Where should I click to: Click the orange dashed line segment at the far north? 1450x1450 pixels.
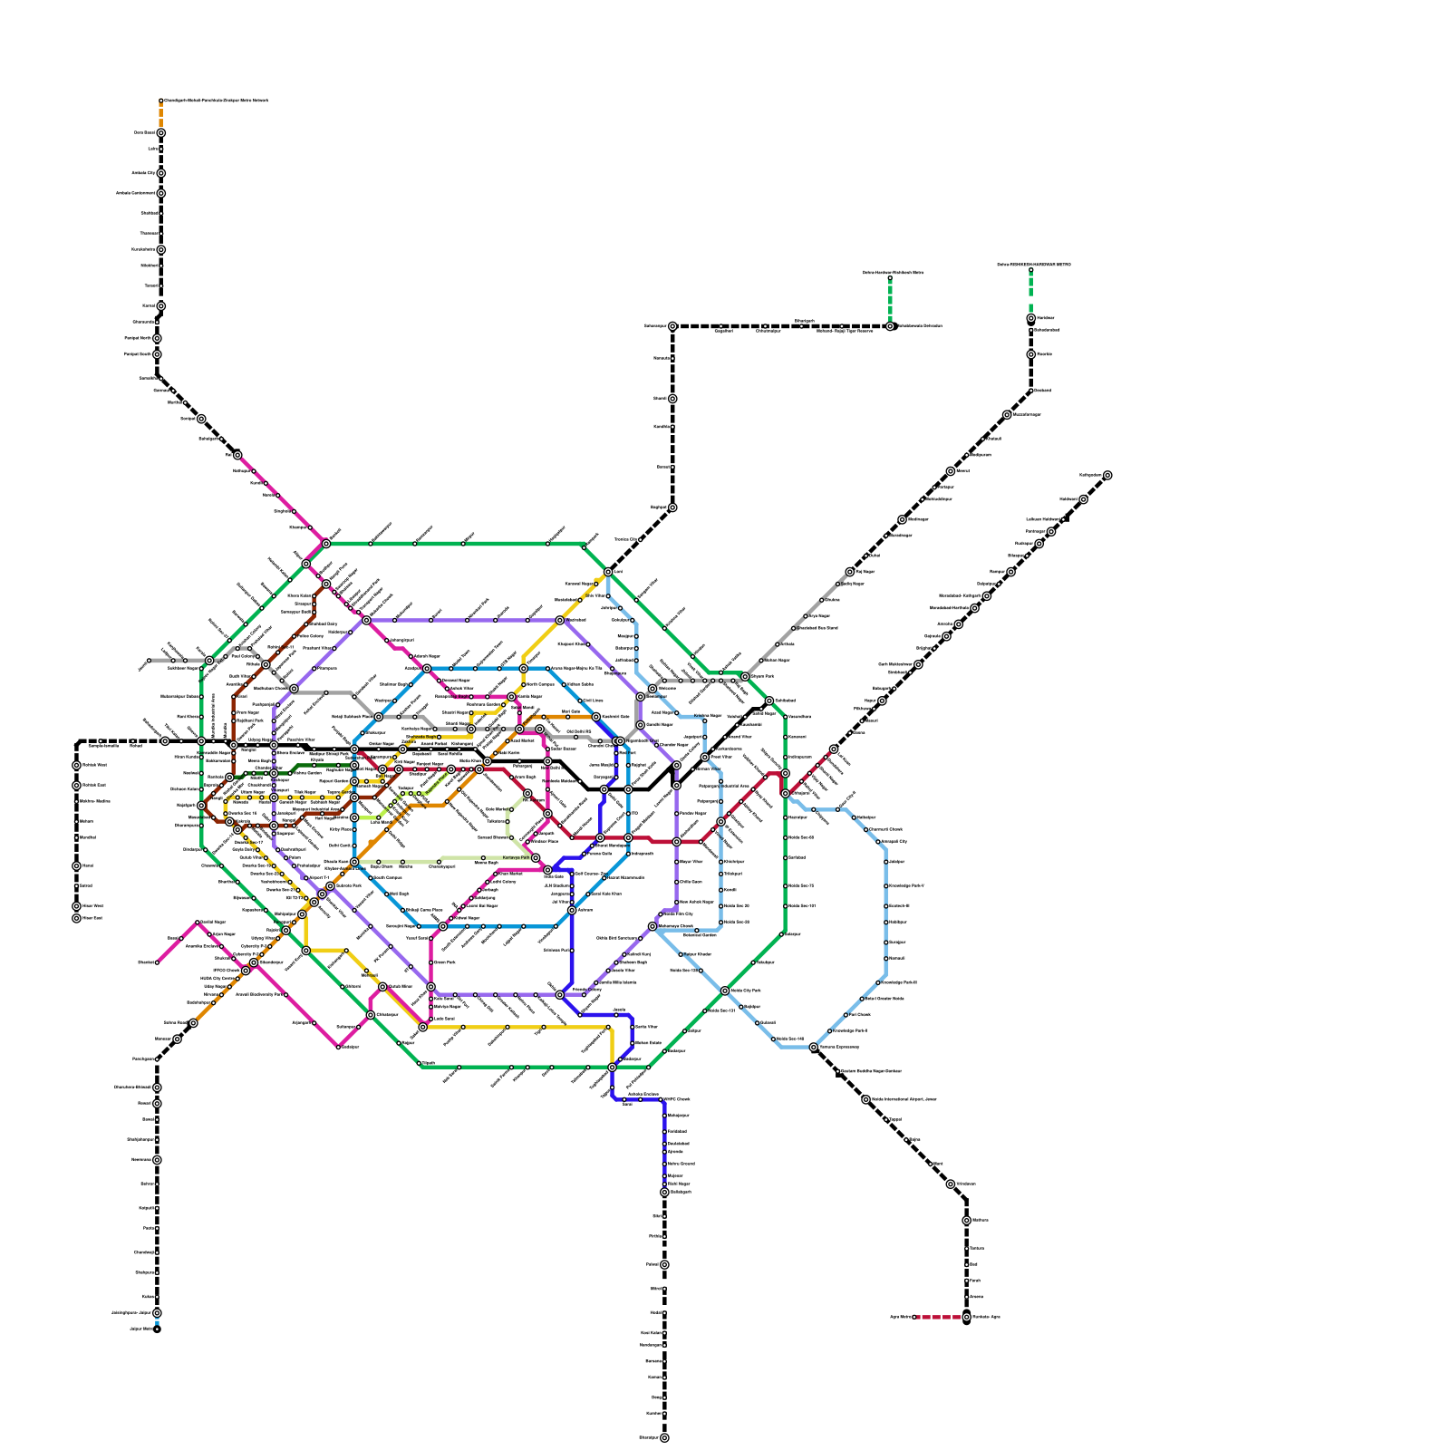(160, 116)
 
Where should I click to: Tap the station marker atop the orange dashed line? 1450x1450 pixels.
(160, 101)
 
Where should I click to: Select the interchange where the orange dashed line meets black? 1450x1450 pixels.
(160, 133)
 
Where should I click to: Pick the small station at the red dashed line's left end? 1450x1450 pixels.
(914, 1317)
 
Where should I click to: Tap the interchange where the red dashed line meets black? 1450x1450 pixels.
(966, 1317)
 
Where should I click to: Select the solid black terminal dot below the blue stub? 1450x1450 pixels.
(157, 1329)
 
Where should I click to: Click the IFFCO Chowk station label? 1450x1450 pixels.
(226, 970)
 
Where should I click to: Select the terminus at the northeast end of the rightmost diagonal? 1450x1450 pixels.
(1107, 475)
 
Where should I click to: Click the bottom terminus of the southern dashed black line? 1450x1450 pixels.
(664, 1437)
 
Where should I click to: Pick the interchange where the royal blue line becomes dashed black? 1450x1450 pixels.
(664, 1193)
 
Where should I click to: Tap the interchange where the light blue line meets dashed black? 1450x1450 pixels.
(814, 1047)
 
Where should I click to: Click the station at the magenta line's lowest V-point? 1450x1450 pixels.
(338, 1047)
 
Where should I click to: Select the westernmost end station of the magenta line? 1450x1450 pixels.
(157, 962)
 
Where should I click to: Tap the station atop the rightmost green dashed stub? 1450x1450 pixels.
(1030, 270)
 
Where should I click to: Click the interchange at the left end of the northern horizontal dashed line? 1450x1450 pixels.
(672, 326)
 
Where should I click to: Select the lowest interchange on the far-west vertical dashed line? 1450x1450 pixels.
(76, 918)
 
